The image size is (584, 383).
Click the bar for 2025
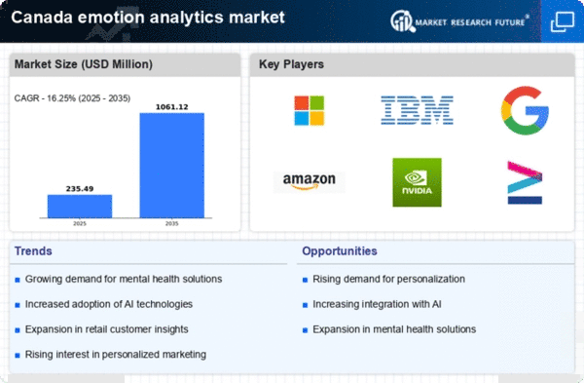(x=80, y=207)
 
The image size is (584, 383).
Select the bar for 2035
(x=172, y=166)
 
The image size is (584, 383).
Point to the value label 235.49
(x=80, y=189)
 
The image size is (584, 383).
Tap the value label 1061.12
(x=171, y=107)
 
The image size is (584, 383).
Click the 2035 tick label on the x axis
(x=171, y=224)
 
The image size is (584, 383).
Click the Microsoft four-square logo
(x=310, y=110)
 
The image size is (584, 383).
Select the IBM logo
(x=417, y=110)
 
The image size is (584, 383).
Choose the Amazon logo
(x=310, y=182)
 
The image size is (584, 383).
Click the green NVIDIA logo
(x=418, y=182)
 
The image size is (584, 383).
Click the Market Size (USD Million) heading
(x=84, y=64)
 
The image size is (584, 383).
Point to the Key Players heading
(x=291, y=64)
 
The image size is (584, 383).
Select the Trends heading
(x=33, y=251)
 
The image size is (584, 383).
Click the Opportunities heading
(x=340, y=251)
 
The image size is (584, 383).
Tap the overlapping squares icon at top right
(x=563, y=21)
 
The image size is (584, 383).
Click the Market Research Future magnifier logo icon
(x=402, y=21)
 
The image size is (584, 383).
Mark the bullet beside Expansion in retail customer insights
(x=18, y=330)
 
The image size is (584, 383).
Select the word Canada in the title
(x=42, y=18)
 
